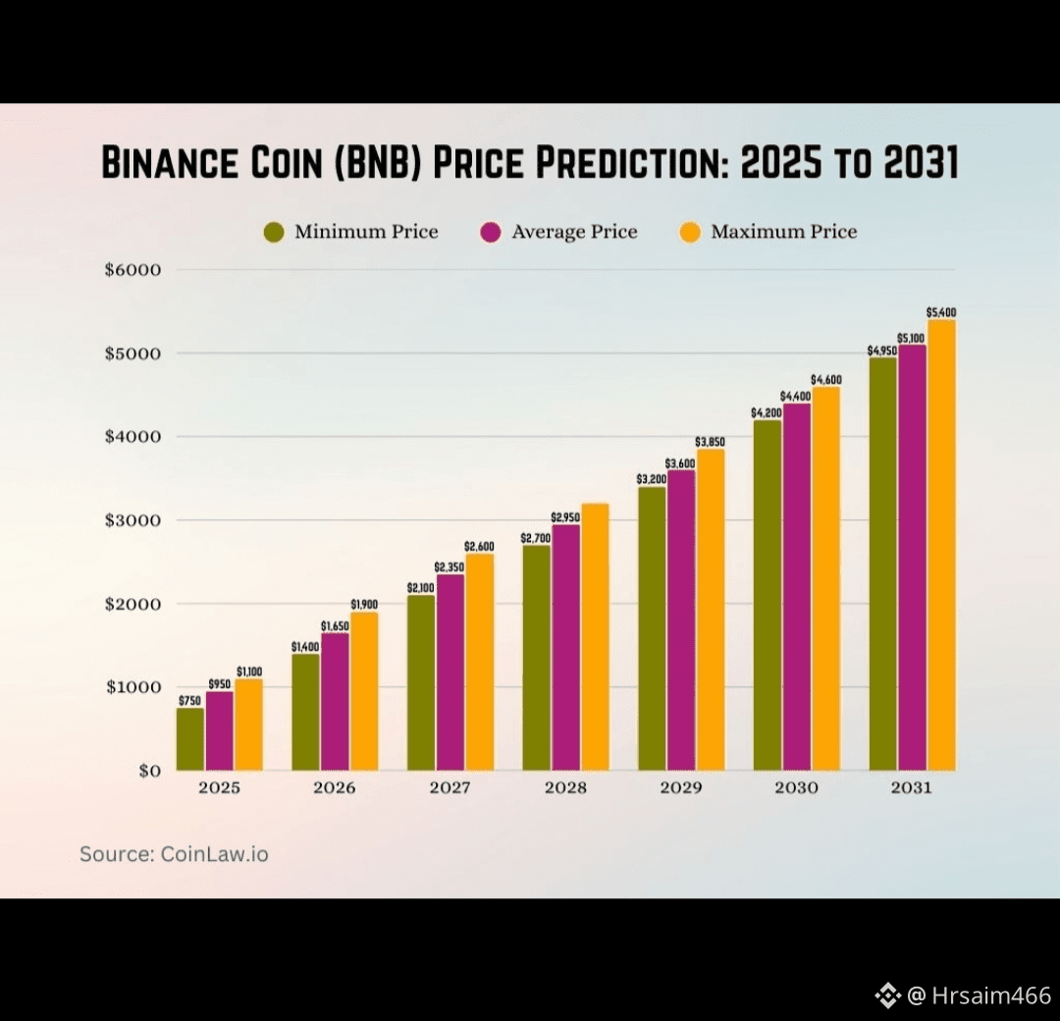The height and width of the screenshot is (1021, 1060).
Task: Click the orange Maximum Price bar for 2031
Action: click(940, 545)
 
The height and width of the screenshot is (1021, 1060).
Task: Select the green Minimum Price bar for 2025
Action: click(190, 739)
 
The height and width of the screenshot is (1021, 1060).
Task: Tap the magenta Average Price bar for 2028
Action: click(565, 647)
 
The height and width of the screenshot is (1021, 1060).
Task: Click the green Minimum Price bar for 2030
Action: click(768, 595)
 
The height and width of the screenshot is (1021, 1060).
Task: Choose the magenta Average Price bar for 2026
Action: click(335, 701)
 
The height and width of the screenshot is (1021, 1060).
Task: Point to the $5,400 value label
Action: click(940, 312)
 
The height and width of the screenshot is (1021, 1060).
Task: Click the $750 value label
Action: click(190, 701)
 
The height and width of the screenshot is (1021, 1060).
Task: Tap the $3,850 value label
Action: click(710, 442)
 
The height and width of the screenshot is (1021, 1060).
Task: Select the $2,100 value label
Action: click(421, 588)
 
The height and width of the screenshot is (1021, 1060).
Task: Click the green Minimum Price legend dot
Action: click(274, 233)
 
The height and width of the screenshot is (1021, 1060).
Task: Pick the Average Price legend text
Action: click(574, 233)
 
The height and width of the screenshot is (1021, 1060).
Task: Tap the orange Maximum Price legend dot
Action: click(691, 233)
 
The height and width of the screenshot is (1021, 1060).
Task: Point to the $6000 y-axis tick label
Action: click(132, 270)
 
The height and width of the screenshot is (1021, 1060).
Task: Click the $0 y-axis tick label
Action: click(149, 771)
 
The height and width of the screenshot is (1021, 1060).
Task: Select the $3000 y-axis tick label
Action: click(132, 520)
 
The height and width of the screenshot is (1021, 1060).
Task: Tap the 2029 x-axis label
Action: click(680, 788)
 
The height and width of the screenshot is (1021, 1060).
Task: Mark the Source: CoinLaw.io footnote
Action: click(174, 854)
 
